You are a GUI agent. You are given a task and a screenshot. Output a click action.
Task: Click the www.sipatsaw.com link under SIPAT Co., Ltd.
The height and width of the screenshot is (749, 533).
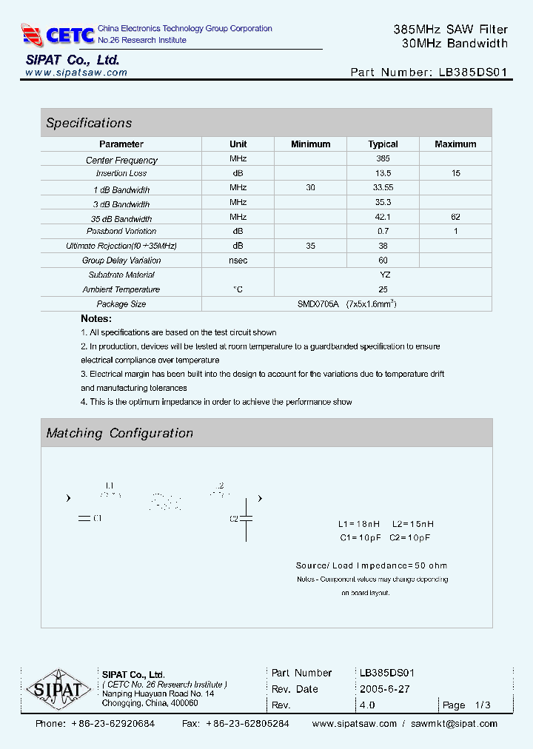[76, 73]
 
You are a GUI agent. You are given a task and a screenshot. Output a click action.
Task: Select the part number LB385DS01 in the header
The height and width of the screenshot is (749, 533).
[473, 73]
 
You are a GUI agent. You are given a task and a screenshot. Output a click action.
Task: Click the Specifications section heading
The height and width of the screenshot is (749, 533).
[89, 123]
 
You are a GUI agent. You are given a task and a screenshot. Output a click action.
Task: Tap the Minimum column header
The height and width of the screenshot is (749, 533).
[310, 144]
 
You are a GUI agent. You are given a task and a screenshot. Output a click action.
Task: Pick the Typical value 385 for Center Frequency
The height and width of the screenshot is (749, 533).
[383, 158]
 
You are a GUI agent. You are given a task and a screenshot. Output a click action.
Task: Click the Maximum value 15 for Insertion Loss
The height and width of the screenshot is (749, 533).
[455, 173]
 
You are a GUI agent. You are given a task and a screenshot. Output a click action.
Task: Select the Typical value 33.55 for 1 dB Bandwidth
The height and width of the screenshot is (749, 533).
[383, 188]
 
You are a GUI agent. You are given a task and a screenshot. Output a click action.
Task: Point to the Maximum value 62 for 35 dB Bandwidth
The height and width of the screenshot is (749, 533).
[455, 217]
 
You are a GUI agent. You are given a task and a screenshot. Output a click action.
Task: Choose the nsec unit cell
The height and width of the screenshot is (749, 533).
[238, 261]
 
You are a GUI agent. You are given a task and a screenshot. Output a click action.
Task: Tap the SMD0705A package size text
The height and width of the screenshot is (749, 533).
[319, 304]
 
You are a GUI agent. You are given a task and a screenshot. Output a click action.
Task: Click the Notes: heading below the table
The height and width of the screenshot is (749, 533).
[96, 319]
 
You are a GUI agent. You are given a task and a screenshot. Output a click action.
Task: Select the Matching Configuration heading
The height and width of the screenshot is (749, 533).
[119, 433]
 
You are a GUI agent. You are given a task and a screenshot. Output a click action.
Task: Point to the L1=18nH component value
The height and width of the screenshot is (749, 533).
[359, 524]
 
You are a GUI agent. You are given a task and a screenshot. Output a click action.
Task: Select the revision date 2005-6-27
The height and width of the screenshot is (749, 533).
[384, 689]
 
